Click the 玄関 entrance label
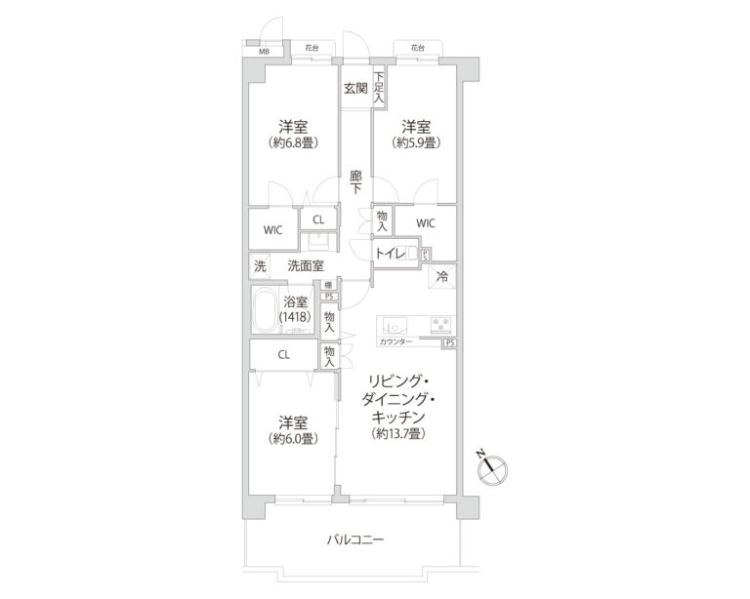tap(354, 89)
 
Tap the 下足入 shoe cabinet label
tap(378, 87)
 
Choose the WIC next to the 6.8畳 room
tap(272, 230)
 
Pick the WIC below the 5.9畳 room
tap(425, 223)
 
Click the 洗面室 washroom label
tap(306, 265)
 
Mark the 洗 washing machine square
tap(260, 265)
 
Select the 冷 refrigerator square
tap(443, 276)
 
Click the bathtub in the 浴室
tap(263, 312)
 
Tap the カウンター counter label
tap(395, 342)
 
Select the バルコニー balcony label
tap(354, 539)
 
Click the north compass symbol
tap(494, 467)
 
